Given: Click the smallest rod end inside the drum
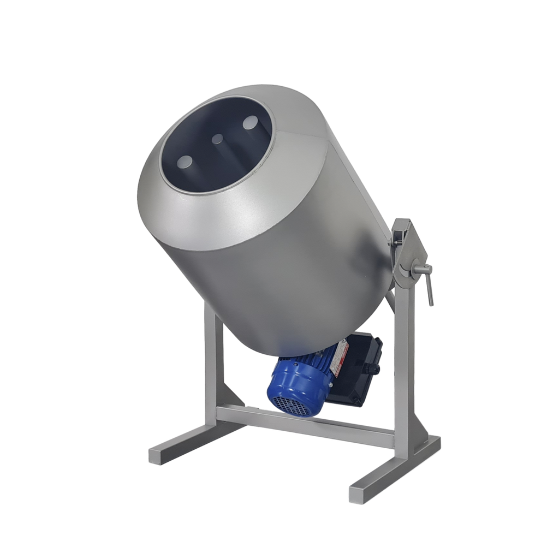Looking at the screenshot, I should point(217,139).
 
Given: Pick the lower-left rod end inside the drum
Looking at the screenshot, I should point(185,162).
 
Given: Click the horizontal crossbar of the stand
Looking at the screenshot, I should point(306,424).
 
